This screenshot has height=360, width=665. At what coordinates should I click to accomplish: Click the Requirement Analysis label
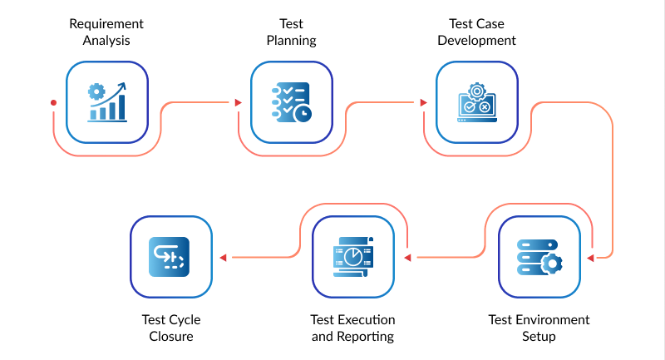coord(106,32)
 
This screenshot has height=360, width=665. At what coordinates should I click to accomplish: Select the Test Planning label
coord(292,32)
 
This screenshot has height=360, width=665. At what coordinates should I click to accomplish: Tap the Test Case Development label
coord(477,32)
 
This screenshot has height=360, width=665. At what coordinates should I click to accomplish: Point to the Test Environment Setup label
coord(539,328)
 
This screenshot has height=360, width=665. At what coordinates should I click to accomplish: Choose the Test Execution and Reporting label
coord(352,328)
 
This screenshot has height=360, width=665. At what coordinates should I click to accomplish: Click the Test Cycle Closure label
coord(171,328)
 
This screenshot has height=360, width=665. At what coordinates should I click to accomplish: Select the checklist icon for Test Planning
coord(292,102)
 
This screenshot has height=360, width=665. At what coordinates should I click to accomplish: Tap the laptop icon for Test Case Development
coord(477,102)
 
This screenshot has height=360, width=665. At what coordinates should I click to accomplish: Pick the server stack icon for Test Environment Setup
coord(539,257)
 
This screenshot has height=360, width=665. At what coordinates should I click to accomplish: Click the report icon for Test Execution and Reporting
coord(352,257)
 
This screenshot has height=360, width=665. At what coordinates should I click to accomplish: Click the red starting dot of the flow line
coord(53,103)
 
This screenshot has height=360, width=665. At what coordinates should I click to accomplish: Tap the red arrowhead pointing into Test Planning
coord(238,103)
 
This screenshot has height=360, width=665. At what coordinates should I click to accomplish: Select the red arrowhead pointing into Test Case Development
coord(423,103)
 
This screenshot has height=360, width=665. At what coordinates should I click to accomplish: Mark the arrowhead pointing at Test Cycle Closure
coord(222,258)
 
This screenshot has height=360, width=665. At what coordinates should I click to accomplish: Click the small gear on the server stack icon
coord(551,264)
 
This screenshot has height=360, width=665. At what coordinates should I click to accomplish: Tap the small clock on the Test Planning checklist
coord(303,113)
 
